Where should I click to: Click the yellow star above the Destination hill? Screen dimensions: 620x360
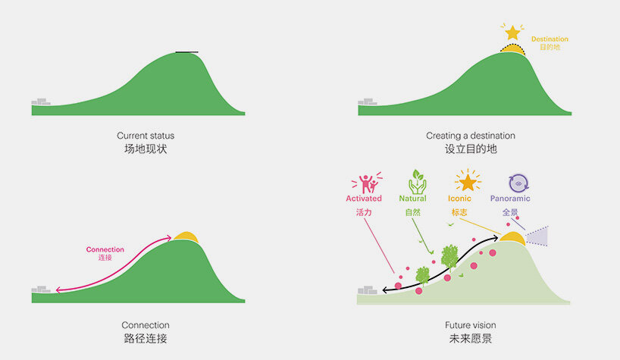tap(512, 33)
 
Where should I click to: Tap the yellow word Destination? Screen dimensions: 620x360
tap(550, 39)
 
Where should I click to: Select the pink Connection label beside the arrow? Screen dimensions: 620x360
tap(105, 249)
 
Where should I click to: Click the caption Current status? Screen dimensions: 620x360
tap(146, 136)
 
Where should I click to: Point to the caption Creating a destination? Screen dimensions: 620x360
tap(471, 136)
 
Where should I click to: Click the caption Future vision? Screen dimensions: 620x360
tap(471, 325)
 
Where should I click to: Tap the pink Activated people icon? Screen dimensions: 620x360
tap(367, 183)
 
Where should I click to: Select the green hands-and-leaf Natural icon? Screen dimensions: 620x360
tap(417, 182)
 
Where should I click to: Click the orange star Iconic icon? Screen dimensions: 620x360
tap(468, 181)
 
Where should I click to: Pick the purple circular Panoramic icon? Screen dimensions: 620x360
tap(518, 183)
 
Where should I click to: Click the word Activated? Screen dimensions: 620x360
tap(364, 199)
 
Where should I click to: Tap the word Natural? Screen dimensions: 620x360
tap(413, 199)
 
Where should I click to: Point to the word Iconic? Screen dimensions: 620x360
tap(459, 199)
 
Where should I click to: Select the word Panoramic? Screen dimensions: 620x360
tap(510, 199)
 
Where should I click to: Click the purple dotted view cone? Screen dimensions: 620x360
tap(537, 236)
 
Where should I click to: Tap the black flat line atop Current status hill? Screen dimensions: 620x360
tap(187, 52)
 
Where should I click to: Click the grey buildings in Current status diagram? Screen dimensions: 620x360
tap(41, 102)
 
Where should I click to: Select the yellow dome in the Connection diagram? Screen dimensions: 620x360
tap(186, 236)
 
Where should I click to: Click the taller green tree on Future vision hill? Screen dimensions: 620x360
tap(449, 257)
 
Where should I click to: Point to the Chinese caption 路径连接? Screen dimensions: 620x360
tap(146, 339)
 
